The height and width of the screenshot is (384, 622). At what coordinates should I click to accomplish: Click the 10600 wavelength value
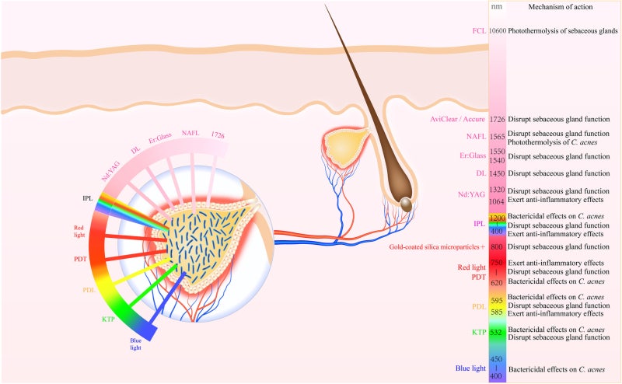[498, 30]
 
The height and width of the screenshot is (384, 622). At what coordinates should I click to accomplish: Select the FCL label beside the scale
[479, 30]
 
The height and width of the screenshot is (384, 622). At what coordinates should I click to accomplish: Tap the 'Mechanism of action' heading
[560, 6]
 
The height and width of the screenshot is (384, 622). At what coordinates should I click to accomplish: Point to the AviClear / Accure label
[457, 119]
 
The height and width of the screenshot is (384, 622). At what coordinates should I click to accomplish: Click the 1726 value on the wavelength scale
[497, 119]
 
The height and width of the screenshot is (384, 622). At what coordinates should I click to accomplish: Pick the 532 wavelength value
[496, 333]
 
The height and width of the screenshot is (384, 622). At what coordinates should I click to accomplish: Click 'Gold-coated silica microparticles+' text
[437, 246]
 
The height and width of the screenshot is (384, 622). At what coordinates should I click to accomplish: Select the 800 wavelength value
[497, 246]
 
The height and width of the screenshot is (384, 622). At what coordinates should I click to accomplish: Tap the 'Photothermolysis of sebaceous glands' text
[562, 30]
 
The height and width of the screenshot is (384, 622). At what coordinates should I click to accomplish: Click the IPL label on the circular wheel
[88, 198]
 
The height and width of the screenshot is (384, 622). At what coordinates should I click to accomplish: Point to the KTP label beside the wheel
[108, 319]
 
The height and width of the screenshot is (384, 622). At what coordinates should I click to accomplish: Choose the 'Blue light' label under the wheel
[135, 344]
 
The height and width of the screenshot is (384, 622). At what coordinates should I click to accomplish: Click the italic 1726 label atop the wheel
[218, 135]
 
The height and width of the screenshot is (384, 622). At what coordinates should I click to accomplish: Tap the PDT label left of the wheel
[80, 259]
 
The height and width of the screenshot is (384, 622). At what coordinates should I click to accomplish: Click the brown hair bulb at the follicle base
[406, 204]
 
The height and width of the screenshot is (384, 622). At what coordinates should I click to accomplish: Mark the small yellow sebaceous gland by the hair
[344, 147]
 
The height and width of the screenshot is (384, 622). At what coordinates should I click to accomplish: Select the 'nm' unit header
[497, 6]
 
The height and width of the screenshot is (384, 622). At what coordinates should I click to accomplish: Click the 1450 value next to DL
[497, 173]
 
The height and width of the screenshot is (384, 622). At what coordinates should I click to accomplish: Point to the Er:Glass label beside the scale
[473, 155]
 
